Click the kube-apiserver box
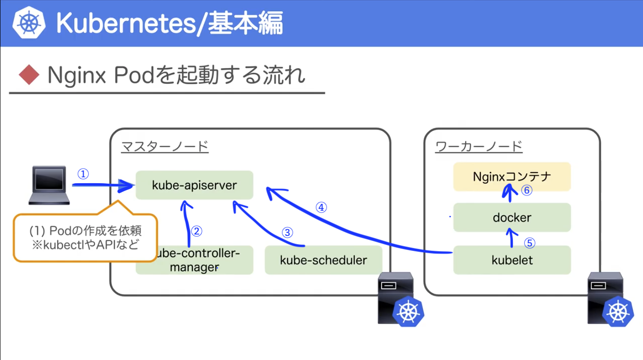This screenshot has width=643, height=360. (195, 185)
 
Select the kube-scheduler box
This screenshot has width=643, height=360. (323, 260)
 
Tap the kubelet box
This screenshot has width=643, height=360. (512, 260)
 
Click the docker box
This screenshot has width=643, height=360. (512, 217)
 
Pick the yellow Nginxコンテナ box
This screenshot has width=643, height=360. (512, 176)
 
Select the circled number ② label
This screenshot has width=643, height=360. (196, 231)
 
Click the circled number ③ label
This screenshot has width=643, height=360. (287, 232)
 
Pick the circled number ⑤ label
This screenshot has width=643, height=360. (529, 242)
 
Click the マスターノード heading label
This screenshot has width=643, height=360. (165, 147)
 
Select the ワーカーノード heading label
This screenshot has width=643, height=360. (479, 147)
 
